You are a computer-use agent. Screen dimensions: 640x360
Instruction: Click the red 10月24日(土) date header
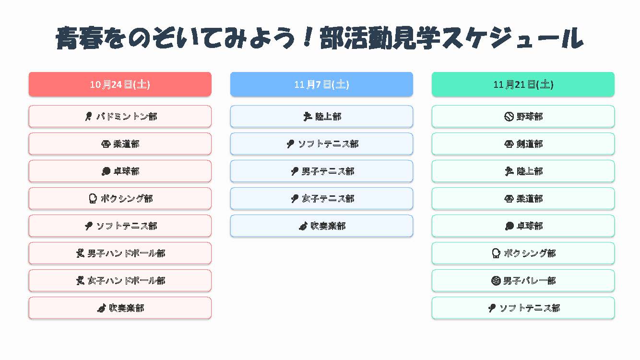click(x=120, y=84)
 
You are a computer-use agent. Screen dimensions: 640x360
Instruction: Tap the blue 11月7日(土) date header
click(x=321, y=84)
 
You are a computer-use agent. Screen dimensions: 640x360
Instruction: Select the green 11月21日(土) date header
click(x=523, y=84)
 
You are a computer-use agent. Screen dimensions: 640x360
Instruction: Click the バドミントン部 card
click(x=120, y=116)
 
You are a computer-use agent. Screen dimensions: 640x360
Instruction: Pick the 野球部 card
click(x=523, y=116)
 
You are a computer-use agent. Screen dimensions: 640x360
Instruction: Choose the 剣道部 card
click(x=523, y=144)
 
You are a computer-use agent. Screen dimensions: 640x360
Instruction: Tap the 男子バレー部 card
click(x=523, y=280)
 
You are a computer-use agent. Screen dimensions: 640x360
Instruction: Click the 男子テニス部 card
click(x=321, y=171)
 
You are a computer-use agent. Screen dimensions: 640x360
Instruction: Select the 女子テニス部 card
click(x=321, y=198)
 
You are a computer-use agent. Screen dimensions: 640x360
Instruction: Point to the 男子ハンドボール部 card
click(x=120, y=253)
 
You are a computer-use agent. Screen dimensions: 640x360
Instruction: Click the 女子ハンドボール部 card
click(x=120, y=280)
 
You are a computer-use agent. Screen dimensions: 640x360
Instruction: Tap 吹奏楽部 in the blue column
click(x=321, y=226)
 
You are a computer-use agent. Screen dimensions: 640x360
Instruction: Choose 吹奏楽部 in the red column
click(x=120, y=308)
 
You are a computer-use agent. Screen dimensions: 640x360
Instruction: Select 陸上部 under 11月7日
click(x=321, y=116)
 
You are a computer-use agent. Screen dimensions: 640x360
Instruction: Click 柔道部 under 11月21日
click(x=523, y=198)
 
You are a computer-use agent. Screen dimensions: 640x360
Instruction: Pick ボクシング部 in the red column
click(x=120, y=198)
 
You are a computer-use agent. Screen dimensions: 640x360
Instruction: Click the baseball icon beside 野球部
click(x=509, y=116)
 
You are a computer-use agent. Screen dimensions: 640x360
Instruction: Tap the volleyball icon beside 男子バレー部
click(x=496, y=280)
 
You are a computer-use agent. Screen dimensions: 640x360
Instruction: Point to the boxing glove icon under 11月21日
click(x=496, y=253)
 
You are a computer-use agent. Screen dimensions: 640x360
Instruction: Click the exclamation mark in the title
click(x=308, y=36)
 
